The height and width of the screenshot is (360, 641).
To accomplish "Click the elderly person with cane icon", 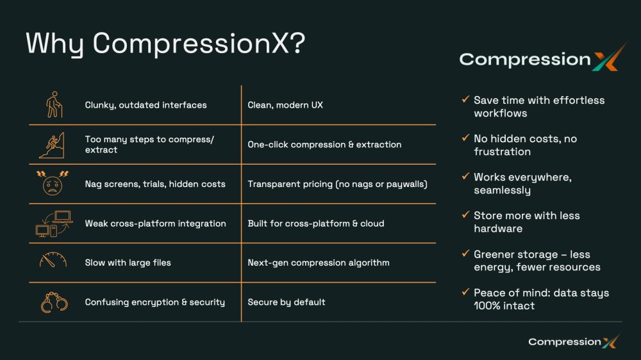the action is (54, 104).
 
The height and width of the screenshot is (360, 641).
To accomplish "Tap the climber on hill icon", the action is (52, 145).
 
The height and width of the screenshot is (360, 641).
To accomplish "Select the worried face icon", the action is (53, 183).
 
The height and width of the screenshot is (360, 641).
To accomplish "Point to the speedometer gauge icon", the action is (53, 260).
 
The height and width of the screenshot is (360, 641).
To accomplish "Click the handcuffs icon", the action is (54, 302).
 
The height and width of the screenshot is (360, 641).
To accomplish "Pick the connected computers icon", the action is (54, 224).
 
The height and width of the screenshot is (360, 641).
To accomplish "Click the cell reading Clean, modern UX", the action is (285, 105).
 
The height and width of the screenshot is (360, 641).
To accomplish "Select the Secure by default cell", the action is (287, 302).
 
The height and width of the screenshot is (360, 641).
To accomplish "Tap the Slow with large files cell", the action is (128, 263).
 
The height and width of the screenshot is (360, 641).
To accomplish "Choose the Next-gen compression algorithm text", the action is (319, 263).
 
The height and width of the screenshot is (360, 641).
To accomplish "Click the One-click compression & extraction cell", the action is (324, 145).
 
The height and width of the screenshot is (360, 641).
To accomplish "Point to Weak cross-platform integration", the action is (155, 224).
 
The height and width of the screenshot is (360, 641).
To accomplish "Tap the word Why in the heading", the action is (54, 44).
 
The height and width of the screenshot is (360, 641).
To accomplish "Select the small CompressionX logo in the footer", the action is (574, 341).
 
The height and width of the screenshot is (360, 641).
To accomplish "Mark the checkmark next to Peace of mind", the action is (465, 291).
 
